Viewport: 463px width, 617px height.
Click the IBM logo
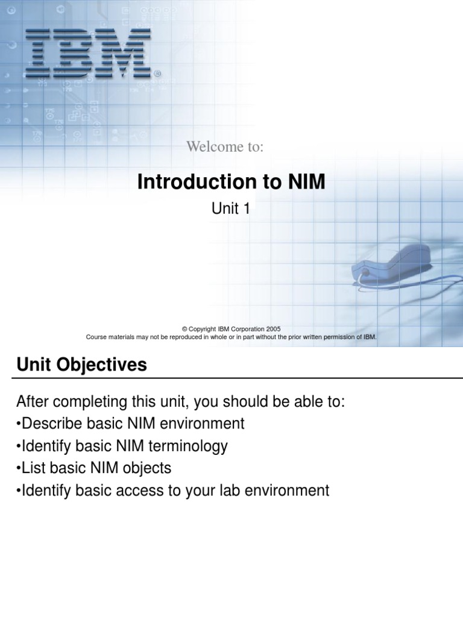(x=90, y=54)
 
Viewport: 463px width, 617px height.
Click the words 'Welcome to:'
(x=225, y=146)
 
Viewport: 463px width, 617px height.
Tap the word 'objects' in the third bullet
(x=148, y=468)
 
